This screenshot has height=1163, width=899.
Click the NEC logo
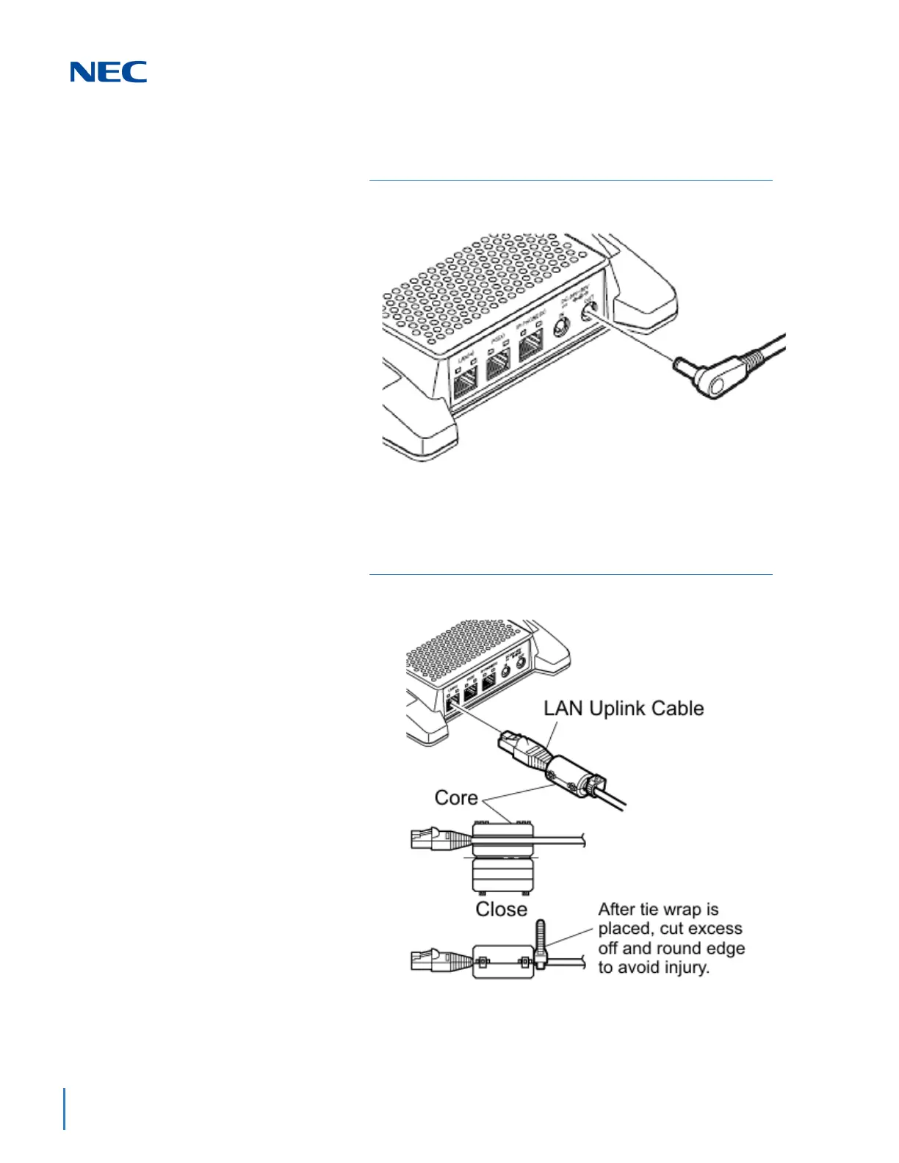(109, 72)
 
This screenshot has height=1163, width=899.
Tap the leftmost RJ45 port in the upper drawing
(466, 381)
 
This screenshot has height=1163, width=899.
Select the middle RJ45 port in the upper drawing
(499, 362)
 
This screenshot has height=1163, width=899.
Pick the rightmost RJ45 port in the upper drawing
(530, 345)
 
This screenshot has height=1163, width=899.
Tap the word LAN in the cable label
(563, 709)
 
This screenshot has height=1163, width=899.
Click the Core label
(456, 798)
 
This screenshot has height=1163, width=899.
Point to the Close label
(502, 909)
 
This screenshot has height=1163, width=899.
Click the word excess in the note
(712, 929)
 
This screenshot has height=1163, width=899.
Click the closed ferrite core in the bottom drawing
(502, 963)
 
